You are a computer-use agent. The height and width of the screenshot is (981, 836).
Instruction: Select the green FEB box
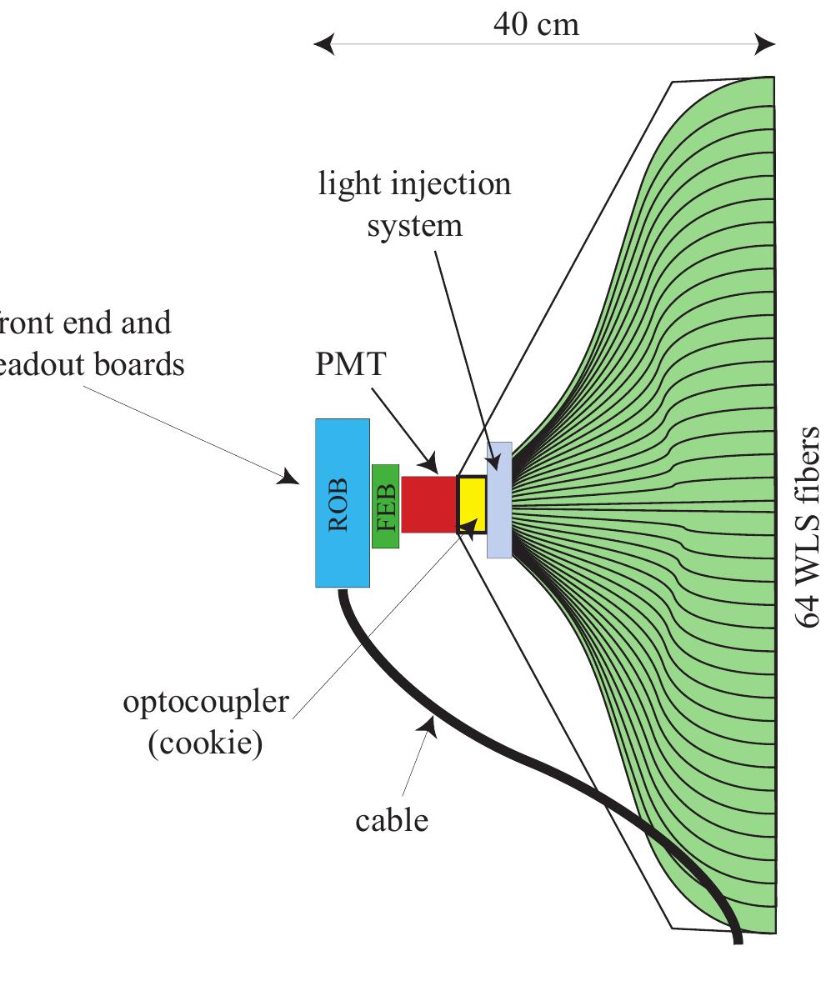click(385, 506)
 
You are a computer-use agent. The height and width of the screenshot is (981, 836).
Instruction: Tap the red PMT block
click(428, 503)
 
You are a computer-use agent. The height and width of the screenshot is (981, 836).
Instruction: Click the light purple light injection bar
click(498, 500)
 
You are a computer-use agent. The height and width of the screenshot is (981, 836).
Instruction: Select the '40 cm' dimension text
click(535, 24)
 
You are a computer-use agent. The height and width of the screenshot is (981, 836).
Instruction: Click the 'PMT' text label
click(350, 364)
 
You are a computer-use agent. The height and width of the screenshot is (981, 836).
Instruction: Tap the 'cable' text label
click(392, 820)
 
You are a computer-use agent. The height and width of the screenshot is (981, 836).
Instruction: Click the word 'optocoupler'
click(206, 702)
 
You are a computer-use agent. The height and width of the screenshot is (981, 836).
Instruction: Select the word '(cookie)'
click(205, 743)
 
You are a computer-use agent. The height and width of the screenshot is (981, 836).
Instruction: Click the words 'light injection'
click(415, 183)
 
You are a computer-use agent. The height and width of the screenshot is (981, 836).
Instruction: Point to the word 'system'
click(415, 224)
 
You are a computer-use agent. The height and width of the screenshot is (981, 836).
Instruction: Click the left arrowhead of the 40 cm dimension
click(323, 44)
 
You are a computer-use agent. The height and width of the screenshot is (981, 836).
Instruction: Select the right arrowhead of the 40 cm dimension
click(765, 44)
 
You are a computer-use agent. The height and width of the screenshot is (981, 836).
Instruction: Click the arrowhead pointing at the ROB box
click(289, 477)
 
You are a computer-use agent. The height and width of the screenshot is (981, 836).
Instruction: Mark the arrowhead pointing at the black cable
click(430, 727)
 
